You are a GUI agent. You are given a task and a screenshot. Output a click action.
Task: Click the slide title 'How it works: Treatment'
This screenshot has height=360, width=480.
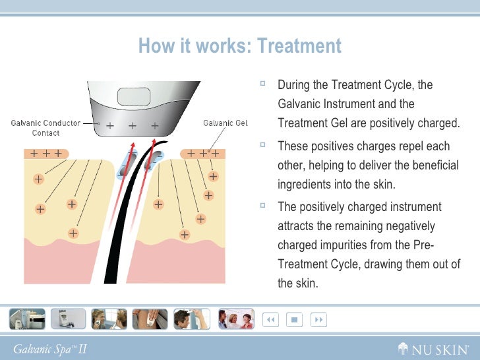240,46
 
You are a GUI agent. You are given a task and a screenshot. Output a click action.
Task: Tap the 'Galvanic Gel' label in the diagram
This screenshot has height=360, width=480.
225,123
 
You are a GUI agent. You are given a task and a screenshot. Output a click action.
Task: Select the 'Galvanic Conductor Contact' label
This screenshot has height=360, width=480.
46,127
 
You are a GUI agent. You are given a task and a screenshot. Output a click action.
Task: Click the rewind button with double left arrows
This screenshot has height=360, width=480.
270,320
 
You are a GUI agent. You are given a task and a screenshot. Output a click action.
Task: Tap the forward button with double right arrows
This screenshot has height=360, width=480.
318,320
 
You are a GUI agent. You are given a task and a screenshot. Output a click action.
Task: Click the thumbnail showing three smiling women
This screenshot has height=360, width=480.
236,319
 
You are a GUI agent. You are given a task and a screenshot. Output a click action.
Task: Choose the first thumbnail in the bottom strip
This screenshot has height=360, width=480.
27,319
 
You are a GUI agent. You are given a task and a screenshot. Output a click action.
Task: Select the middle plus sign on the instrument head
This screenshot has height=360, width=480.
133,125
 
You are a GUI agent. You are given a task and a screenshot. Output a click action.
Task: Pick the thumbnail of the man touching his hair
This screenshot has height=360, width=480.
191,319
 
